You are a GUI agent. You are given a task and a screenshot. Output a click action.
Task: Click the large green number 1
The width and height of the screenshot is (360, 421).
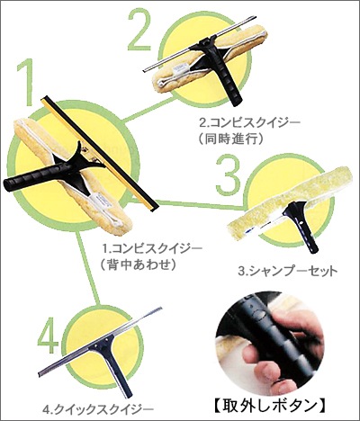(26, 82)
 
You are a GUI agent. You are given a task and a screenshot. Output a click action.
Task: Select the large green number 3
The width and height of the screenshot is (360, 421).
(229, 175)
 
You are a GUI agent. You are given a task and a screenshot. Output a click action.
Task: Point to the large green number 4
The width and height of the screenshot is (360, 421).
(49, 336)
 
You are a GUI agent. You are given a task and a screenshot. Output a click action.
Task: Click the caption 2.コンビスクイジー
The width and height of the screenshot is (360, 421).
(250, 122)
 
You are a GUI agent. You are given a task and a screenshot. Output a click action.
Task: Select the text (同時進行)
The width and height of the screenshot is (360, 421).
(231, 139)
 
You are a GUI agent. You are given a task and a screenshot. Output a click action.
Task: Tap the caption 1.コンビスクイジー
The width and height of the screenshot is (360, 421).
(153, 248)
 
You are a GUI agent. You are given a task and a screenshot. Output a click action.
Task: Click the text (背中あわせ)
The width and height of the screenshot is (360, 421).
(138, 264)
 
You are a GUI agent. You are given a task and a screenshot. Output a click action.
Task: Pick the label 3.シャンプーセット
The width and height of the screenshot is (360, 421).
(288, 272)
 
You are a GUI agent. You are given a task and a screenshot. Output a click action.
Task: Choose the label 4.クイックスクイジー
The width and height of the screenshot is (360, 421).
(98, 408)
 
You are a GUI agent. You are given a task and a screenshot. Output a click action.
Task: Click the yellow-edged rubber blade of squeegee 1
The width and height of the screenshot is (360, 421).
(100, 154)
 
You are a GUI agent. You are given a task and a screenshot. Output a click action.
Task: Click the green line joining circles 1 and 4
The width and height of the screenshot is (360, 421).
(87, 268)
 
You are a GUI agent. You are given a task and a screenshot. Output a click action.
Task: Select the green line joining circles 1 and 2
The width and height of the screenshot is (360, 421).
(149, 110)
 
